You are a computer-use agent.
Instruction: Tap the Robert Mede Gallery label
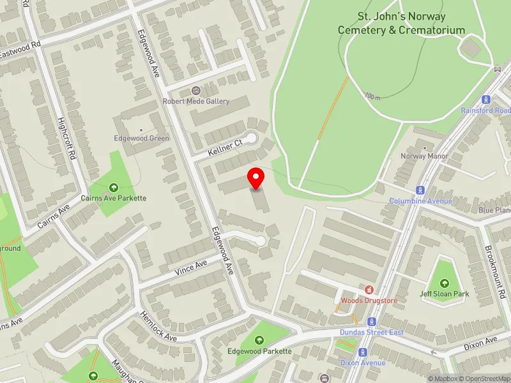(x=195, y=101)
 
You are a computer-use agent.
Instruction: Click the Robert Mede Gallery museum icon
(x=195, y=91)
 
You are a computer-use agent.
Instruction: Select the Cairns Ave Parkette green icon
(x=114, y=187)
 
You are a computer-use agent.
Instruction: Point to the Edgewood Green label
(x=142, y=138)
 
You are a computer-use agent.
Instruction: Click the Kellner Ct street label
(x=226, y=149)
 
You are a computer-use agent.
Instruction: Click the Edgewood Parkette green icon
(x=259, y=341)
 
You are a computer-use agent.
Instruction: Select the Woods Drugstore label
(x=369, y=300)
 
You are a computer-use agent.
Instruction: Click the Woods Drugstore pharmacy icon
(x=369, y=290)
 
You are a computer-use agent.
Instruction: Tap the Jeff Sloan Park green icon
(x=445, y=283)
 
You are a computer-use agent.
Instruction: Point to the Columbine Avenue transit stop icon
(x=420, y=190)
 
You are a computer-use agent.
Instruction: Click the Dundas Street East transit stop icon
(x=372, y=321)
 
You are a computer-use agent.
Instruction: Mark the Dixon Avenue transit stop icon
(x=363, y=352)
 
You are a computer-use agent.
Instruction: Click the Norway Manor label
(x=424, y=156)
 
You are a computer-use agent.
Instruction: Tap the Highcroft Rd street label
(x=68, y=137)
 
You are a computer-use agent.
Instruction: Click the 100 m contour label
(x=372, y=97)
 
